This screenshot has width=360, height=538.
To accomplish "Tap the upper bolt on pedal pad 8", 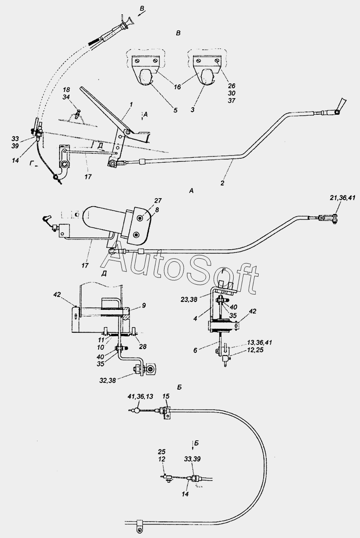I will click(x=141, y=218).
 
